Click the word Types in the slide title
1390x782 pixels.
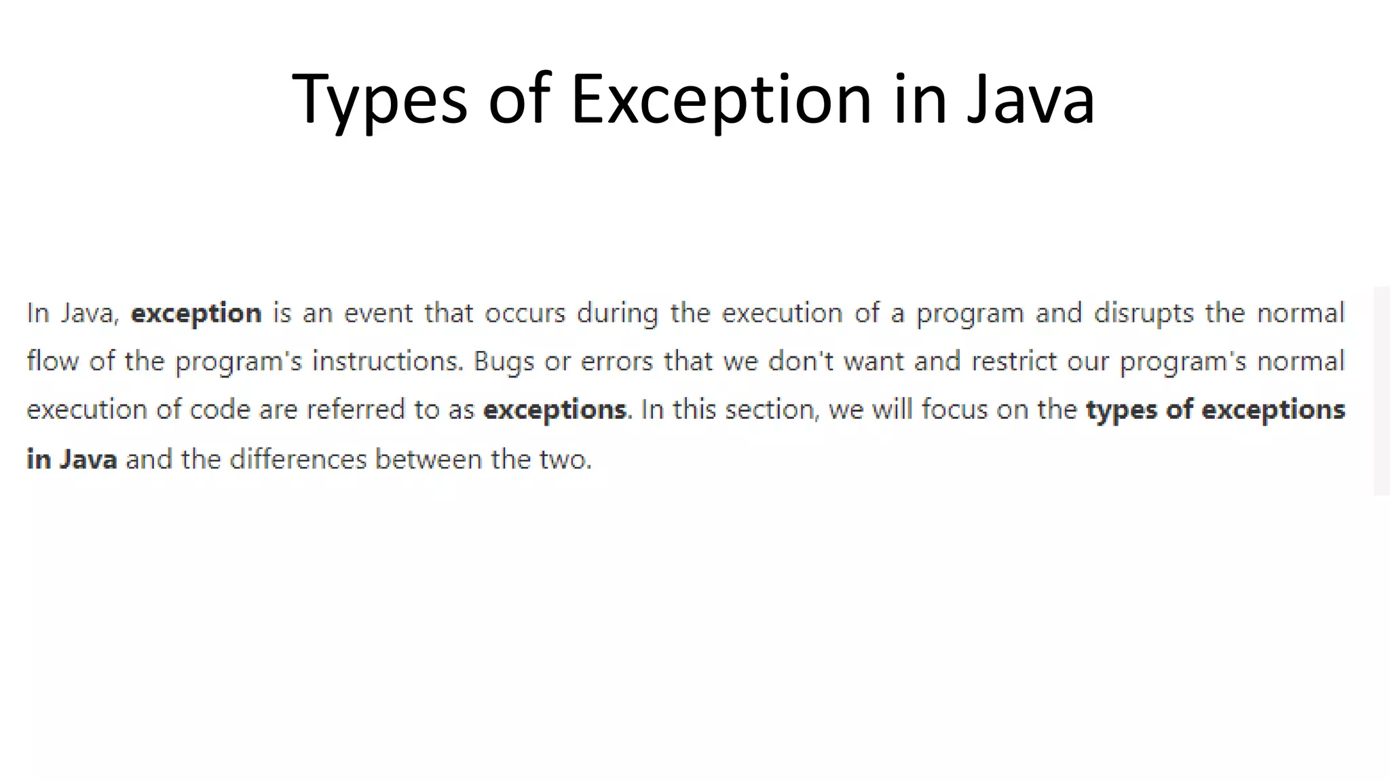coord(379,100)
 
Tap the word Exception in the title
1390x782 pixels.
coord(721,100)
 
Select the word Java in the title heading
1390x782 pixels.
coord(1030,100)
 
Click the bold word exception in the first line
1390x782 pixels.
coord(196,314)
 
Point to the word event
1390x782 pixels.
coord(378,314)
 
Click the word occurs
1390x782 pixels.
coord(525,314)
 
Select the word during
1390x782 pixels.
coord(617,314)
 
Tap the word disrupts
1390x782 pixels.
coord(1144,314)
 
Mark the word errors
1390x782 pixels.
coord(616,362)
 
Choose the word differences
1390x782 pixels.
coord(298,460)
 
